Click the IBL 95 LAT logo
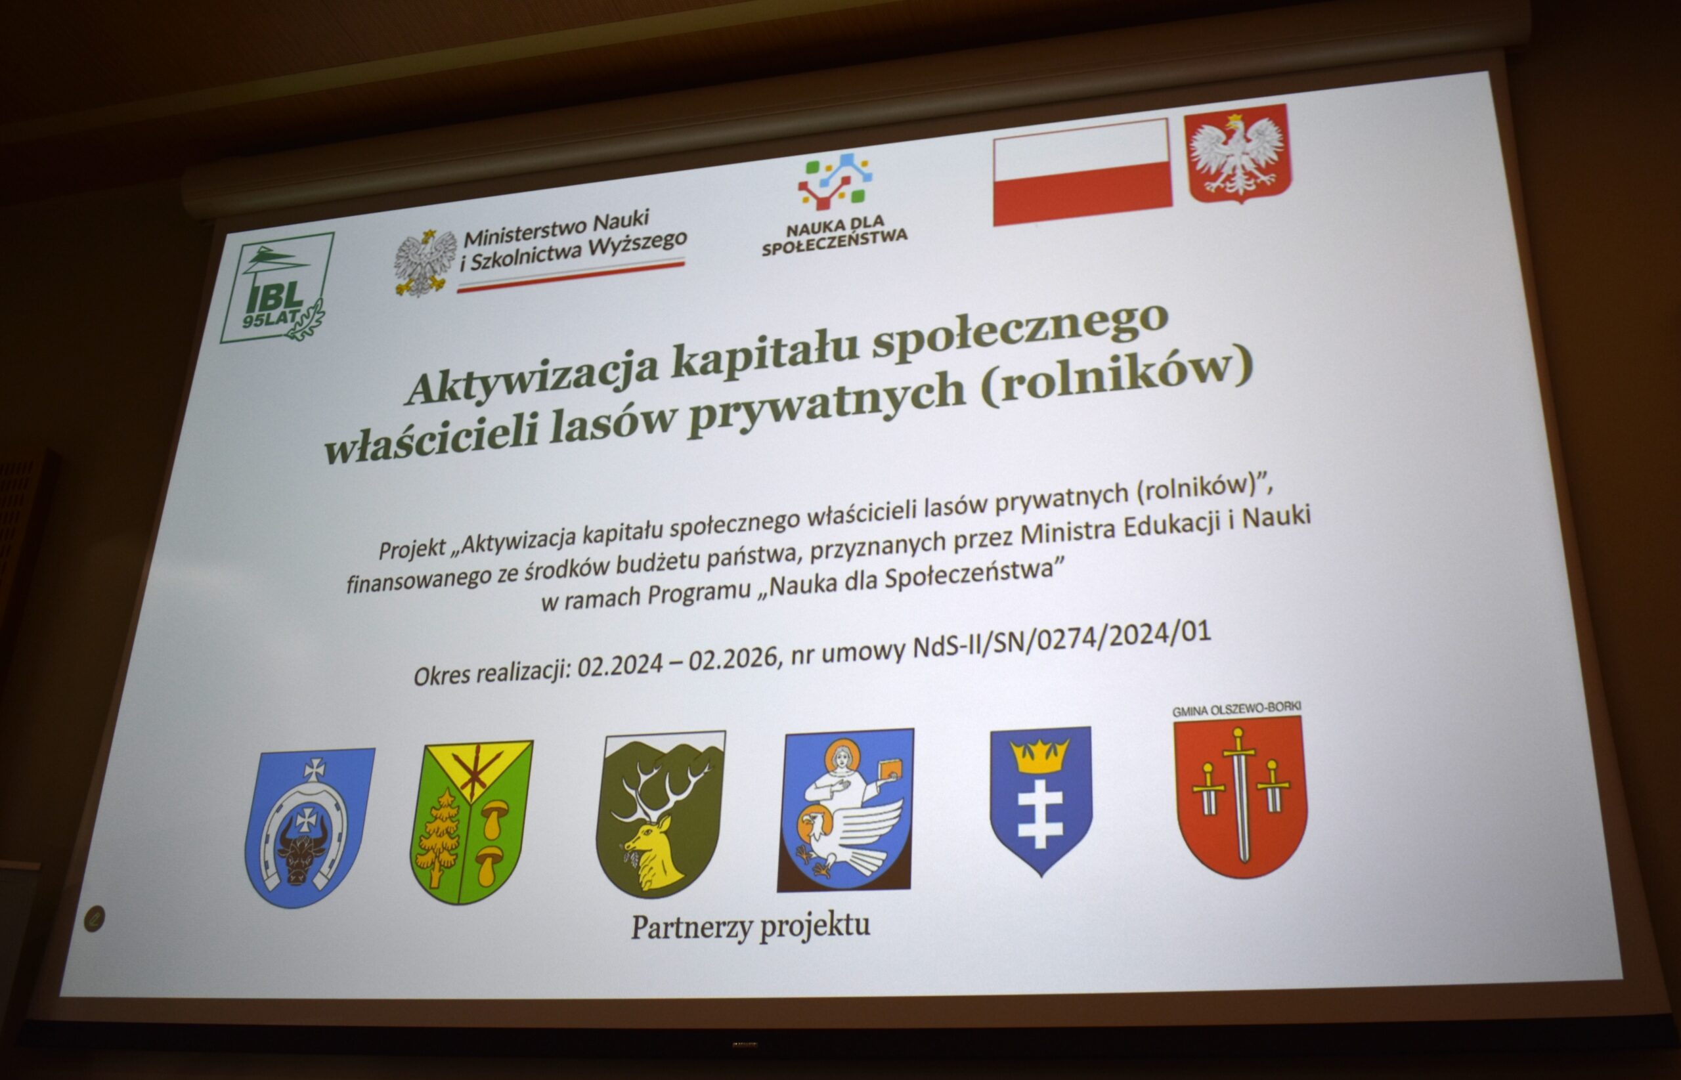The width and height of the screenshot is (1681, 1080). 277,288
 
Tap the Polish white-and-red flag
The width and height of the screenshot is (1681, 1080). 1082,173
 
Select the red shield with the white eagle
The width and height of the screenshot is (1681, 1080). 1238,153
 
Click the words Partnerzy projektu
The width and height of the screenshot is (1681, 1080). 751,926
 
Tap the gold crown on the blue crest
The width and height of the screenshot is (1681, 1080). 1040,755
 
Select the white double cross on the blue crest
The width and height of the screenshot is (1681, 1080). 1040,813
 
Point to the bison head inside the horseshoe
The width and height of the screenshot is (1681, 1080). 303,847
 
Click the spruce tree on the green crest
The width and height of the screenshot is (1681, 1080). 439,838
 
